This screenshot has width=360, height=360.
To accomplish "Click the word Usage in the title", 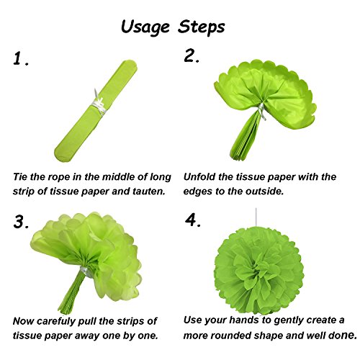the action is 145,27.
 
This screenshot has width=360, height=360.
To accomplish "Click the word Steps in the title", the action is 202,27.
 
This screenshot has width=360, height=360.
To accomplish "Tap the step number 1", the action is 20,59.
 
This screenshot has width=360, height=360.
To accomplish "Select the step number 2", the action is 192,56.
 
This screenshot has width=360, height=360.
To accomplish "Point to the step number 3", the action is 21,222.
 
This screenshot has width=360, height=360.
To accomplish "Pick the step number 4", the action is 192,220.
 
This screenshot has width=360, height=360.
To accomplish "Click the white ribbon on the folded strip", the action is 99,104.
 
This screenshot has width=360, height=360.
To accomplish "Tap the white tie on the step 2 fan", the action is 262,110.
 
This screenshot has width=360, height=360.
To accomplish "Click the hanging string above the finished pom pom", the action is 256,217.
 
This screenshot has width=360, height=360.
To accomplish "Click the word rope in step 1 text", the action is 58,177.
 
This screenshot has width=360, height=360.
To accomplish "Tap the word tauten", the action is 149,192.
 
